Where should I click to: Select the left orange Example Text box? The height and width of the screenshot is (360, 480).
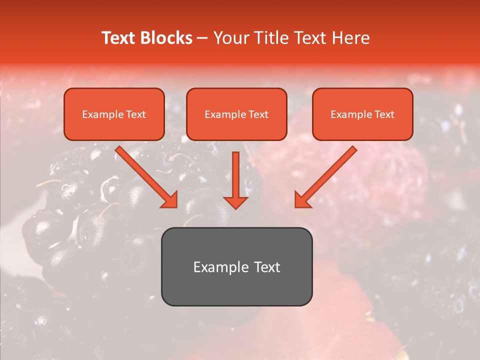pyautogui.click(x=114, y=114)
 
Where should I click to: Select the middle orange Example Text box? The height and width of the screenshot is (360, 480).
pyautogui.click(x=236, y=114)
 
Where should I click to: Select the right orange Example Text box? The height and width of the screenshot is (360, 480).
pyautogui.click(x=362, y=114)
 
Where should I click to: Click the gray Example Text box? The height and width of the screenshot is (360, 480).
pyautogui.click(x=236, y=267)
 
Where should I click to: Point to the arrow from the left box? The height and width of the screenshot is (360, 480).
pyautogui.click(x=145, y=175)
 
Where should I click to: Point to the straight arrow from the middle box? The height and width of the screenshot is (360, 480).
pyautogui.click(x=235, y=177)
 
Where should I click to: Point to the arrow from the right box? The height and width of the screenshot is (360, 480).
pyautogui.click(x=327, y=175)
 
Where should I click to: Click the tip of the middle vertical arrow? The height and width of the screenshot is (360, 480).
pyautogui.click(x=235, y=207)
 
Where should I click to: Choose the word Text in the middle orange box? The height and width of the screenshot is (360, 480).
pyautogui.click(x=258, y=114)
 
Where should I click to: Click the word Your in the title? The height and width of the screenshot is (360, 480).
pyautogui.click(x=228, y=38)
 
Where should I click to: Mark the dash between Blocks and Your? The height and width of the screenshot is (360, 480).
pyautogui.click(x=202, y=38)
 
